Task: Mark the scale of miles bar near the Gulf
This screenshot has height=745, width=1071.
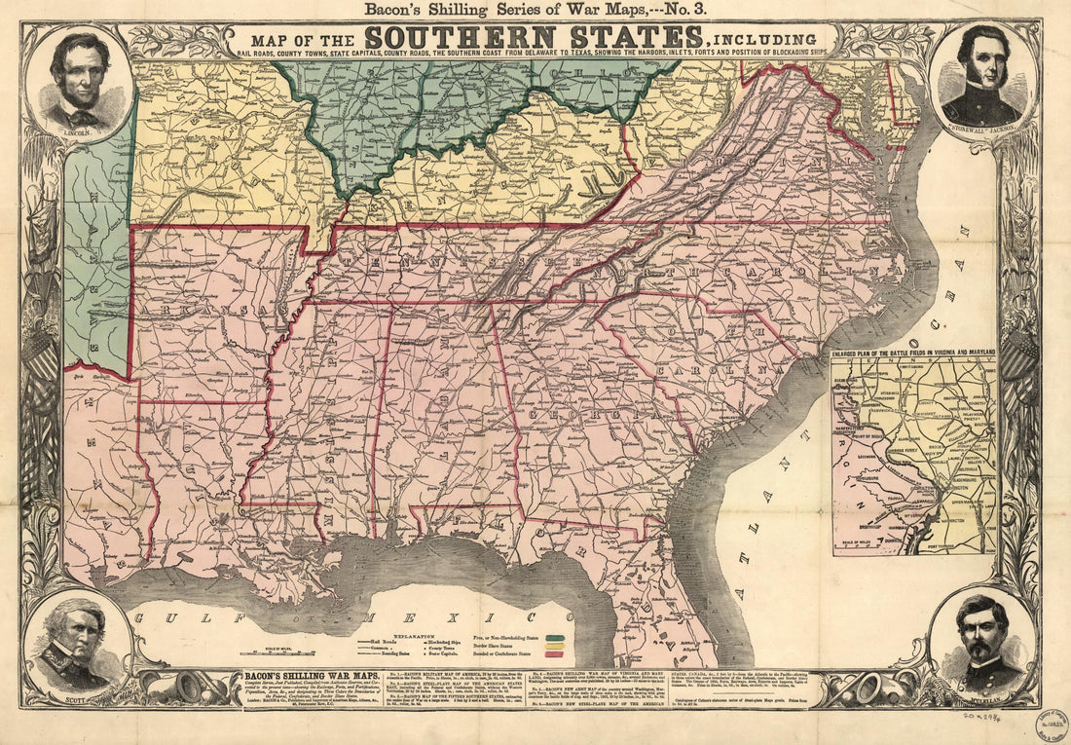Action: [291, 652]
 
